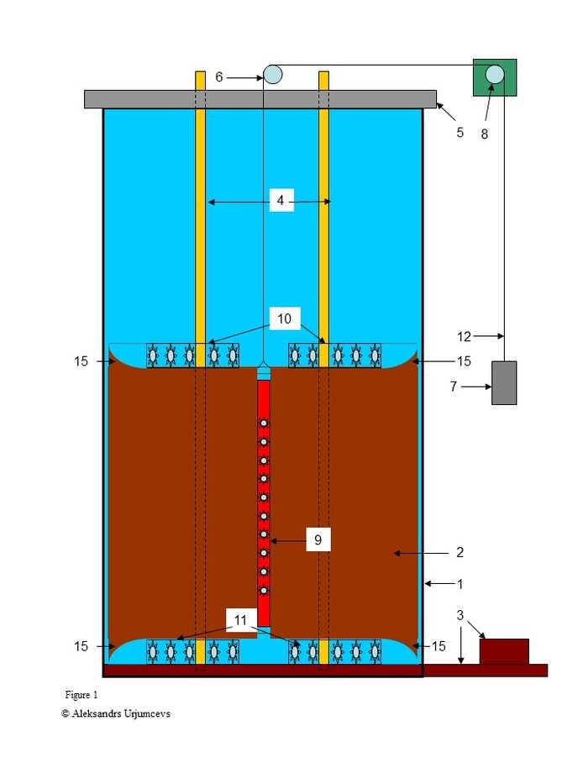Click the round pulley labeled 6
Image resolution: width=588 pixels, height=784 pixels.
click(x=272, y=75)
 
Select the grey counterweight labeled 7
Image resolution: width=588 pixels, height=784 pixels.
click(x=503, y=382)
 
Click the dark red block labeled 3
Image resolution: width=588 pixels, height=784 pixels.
click(x=504, y=651)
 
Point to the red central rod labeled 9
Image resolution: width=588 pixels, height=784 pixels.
click(x=264, y=504)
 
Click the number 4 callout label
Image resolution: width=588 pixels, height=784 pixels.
click(x=281, y=201)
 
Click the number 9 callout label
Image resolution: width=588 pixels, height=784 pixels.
click(x=318, y=540)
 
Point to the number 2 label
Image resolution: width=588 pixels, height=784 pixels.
click(x=459, y=552)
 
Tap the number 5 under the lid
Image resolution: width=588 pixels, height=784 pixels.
click(x=459, y=132)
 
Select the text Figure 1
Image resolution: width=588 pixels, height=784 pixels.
click(x=81, y=695)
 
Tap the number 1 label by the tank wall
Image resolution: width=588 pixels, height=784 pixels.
click(x=459, y=582)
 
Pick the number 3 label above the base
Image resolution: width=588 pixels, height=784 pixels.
click(x=460, y=616)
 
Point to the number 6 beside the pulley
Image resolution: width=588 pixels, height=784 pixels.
click(x=219, y=76)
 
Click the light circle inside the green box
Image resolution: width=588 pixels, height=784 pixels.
click(x=494, y=74)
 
